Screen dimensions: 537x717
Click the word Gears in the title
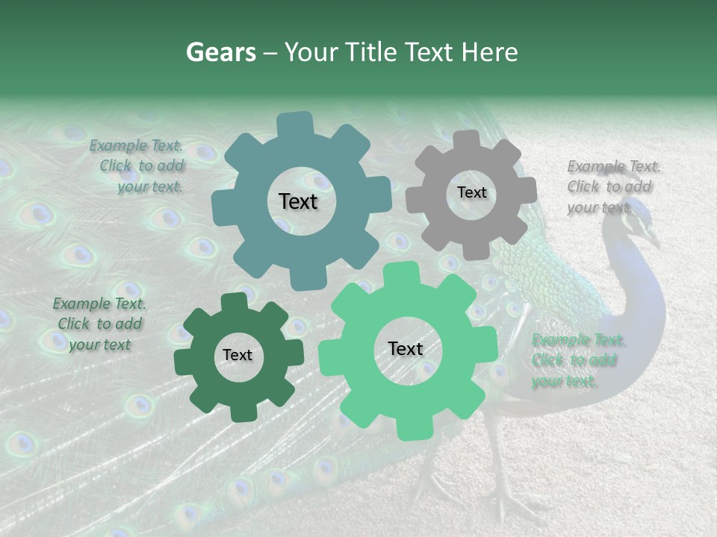(220, 52)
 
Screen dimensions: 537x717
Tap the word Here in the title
(490, 52)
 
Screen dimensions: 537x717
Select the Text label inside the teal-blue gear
(298, 201)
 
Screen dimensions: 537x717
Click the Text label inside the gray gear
(471, 192)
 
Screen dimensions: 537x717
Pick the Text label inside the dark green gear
(238, 356)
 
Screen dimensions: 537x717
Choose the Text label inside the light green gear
(406, 349)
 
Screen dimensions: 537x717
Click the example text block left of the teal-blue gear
(140, 166)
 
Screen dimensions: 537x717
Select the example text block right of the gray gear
(612, 186)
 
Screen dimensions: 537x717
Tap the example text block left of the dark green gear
(99, 324)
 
